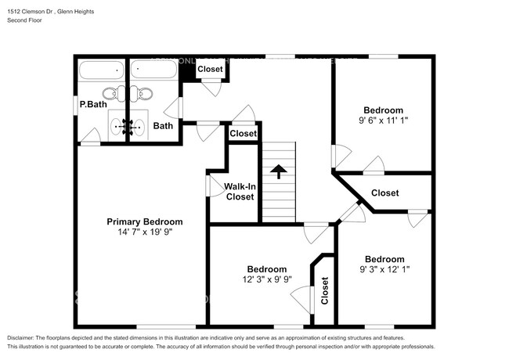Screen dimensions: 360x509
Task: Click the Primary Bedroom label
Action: click(145, 221)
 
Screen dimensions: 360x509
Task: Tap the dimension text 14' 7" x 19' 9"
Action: click(145, 232)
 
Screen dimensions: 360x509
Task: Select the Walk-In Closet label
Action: click(240, 192)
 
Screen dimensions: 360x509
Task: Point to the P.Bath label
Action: click(92, 105)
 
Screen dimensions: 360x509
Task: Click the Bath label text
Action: click(163, 125)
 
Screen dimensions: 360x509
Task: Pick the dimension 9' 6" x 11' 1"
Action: click(384, 121)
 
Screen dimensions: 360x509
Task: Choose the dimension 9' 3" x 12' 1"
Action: click(384, 270)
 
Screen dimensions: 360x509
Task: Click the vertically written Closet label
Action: click(324, 290)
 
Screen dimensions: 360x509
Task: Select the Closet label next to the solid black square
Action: click(210, 69)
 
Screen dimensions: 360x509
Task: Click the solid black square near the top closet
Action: click(187, 71)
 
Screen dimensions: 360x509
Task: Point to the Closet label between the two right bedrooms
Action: click(384, 193)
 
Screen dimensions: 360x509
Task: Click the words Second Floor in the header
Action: click(24, 21)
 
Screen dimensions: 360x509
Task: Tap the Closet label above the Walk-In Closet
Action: click(243, 134)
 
